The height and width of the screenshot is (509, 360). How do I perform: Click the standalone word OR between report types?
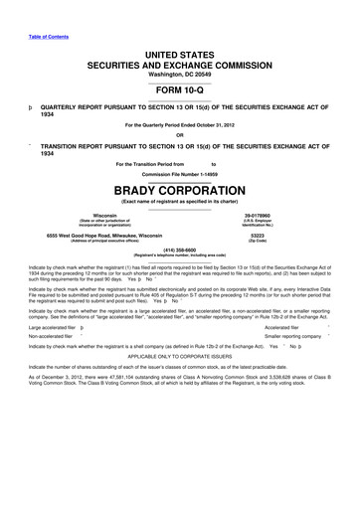179,135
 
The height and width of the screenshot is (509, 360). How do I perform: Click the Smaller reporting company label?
298,335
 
